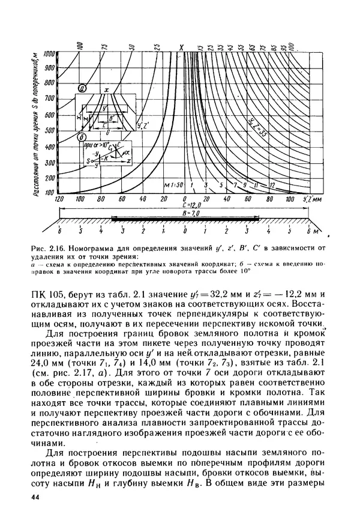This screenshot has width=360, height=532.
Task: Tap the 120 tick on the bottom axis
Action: pos(59,199)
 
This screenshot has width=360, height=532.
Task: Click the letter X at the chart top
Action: pos(181,46)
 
